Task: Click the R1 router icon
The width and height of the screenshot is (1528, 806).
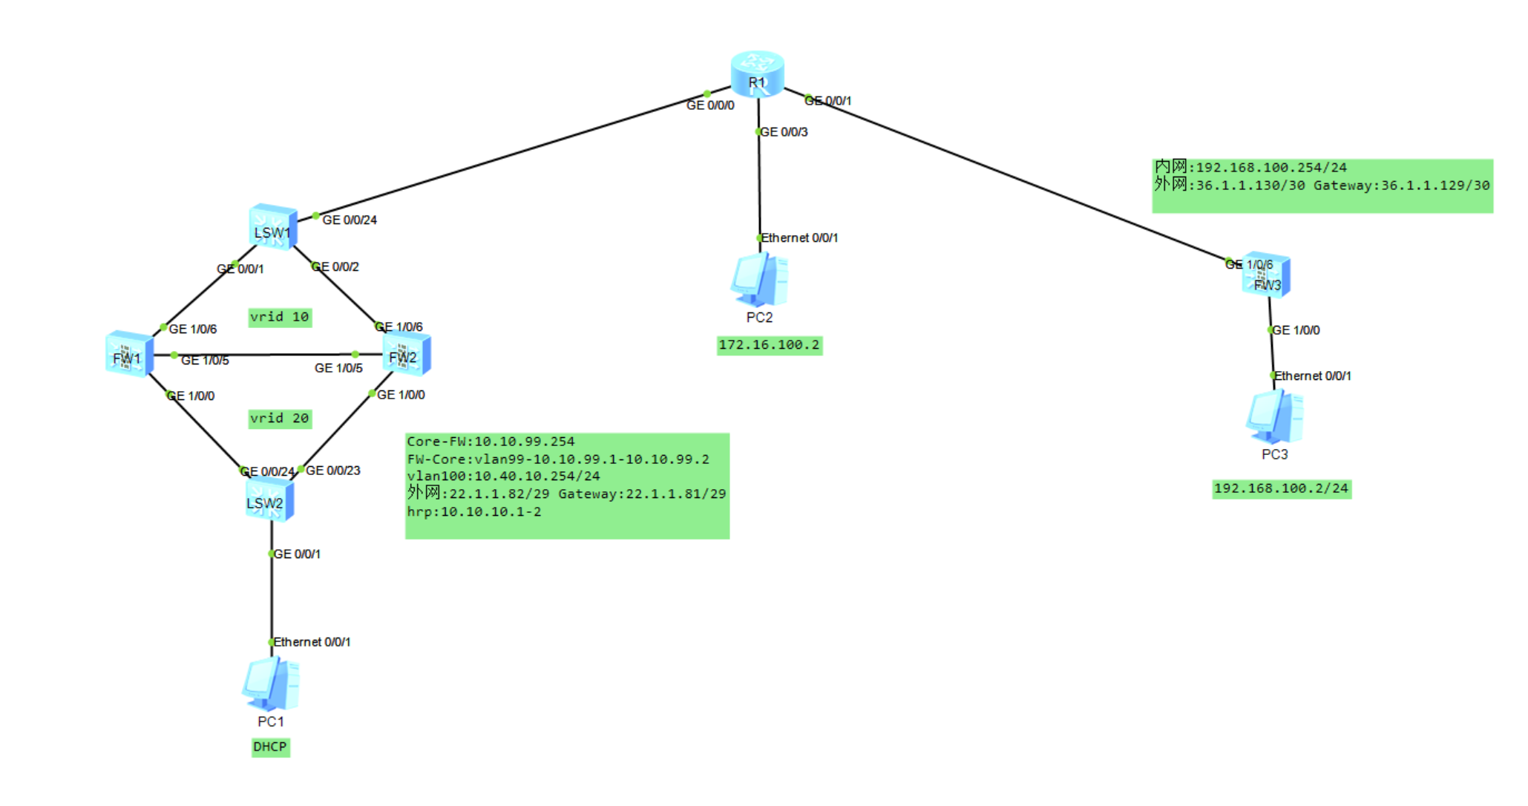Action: click(757, 73)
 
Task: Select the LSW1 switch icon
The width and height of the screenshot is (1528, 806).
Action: click(273, 226)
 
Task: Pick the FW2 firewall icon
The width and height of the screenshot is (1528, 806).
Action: click(406, 354)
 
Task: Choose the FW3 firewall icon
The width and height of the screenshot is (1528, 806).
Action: click(1267, 275)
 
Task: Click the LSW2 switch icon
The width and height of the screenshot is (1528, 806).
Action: click(269, 499)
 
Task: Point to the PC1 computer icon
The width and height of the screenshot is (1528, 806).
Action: click(271, 684)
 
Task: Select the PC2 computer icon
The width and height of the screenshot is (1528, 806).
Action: click(759, 280)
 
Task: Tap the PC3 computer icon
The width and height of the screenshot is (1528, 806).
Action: click(1274, 416)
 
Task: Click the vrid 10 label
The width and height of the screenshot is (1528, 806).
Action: click(280, 317)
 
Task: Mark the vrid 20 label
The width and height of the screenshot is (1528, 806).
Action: click(280, 419)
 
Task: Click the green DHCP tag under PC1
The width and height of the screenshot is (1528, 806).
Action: click(270, 747)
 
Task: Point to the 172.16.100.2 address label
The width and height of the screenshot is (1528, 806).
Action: click(769, 345)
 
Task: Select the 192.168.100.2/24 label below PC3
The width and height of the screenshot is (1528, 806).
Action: click(1281, 488)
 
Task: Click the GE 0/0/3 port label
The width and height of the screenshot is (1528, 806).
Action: click(784, 132)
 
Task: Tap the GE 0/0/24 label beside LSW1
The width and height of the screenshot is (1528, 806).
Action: click(350, 220)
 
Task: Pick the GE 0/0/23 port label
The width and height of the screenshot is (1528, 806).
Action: click(333, 471)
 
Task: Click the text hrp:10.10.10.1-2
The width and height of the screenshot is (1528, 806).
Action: click(474, 512)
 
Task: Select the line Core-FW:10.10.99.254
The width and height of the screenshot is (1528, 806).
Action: click(491, 442)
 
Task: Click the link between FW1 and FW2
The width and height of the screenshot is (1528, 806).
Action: click(267, 355)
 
